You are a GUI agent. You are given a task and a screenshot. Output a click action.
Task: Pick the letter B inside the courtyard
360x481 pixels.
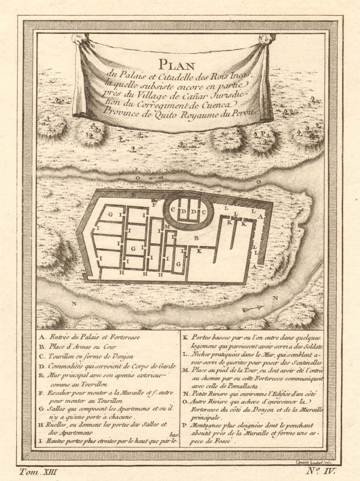[196, 238]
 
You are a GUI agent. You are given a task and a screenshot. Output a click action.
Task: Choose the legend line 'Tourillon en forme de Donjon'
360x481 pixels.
[90, 356]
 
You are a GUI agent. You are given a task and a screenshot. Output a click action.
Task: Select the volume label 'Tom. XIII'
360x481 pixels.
[38, 471]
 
